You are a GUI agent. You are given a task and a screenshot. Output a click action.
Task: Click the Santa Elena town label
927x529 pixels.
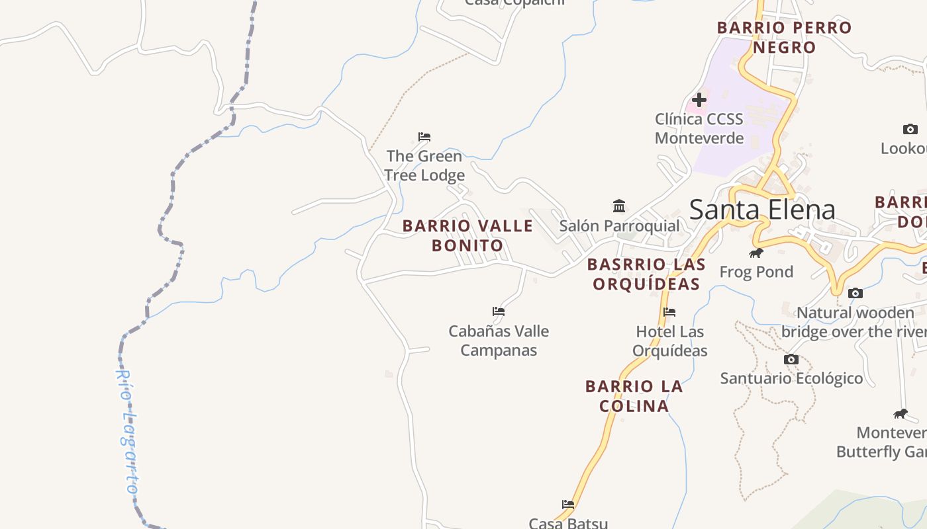point(762,210)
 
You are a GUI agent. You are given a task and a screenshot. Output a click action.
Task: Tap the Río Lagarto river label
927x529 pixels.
point(126,431)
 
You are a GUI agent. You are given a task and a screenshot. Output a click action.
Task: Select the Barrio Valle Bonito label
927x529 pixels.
point(467,235)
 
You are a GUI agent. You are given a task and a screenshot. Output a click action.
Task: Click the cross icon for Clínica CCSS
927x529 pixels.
point(699,100)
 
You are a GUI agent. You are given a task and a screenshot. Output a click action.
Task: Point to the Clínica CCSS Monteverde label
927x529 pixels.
point(699,129)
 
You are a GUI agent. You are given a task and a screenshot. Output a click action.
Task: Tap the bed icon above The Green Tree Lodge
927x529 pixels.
point(424,137)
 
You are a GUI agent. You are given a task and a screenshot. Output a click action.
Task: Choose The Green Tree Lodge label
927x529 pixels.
point(424,166)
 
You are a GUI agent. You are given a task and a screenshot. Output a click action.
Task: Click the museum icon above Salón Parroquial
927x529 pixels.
point(619,206)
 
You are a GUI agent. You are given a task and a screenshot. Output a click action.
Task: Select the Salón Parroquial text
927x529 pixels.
point(619,226)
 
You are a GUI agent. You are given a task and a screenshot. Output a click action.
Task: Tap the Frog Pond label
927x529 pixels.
point(756,272)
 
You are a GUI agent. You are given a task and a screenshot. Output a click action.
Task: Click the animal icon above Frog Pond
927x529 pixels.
point(756,253)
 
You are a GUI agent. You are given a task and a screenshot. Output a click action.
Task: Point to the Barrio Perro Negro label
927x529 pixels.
point(784,38)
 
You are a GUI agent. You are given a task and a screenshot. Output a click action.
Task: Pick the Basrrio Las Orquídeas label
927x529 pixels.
point(646,274)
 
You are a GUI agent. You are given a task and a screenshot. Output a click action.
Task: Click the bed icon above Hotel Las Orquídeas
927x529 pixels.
point(669,312)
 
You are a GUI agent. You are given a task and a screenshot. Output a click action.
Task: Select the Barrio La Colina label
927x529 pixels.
point(634,395)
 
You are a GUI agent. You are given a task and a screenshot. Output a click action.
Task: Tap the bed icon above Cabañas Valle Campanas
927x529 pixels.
point(499,311)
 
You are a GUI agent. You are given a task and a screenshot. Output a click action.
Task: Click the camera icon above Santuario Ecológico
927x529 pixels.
point(791,360)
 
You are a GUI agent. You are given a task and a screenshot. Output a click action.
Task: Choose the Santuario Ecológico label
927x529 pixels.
point(791,379)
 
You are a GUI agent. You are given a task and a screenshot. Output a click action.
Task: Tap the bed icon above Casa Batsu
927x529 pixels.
point(567,505)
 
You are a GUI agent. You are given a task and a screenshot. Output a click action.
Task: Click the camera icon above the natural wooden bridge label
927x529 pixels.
point(855,293)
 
